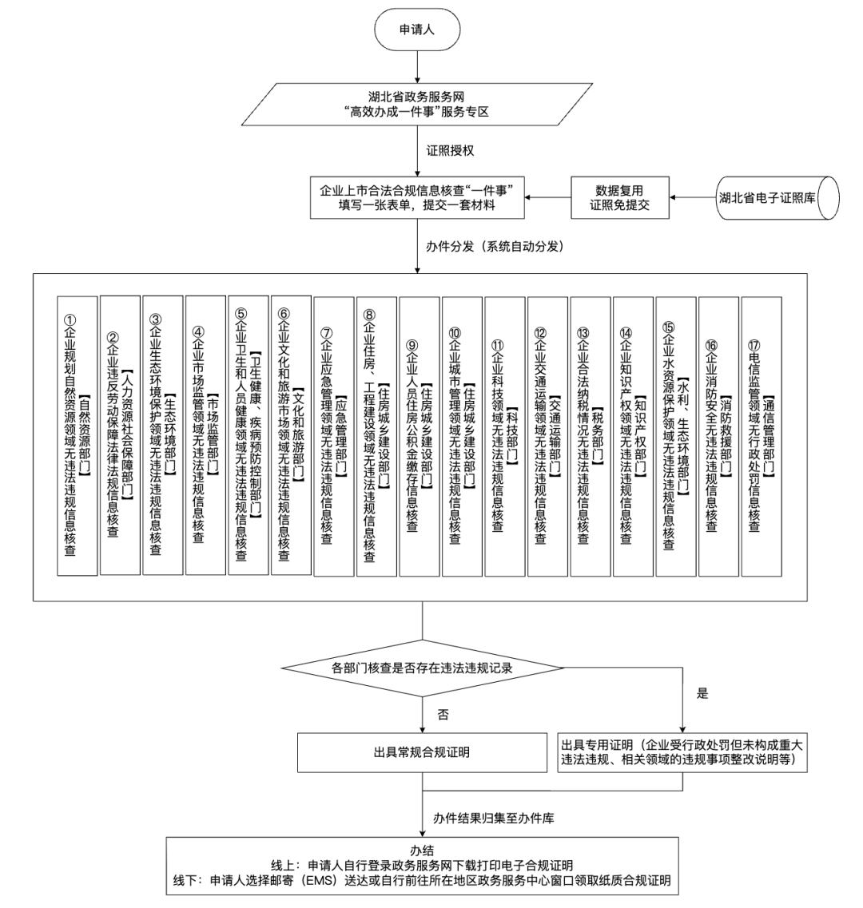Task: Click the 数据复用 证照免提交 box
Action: (x=619, y=197)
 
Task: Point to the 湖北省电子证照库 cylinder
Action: (x=770, y=197)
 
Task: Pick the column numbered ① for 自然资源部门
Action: (x=78, y=436)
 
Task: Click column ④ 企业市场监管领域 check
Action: (x=205, y=436)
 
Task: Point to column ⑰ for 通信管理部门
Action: (x=761, y=436)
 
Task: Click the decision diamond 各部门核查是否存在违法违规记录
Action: (x=421, y=667)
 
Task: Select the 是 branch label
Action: (x=703, y=693)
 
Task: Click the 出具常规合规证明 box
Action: (x=422, y=752)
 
